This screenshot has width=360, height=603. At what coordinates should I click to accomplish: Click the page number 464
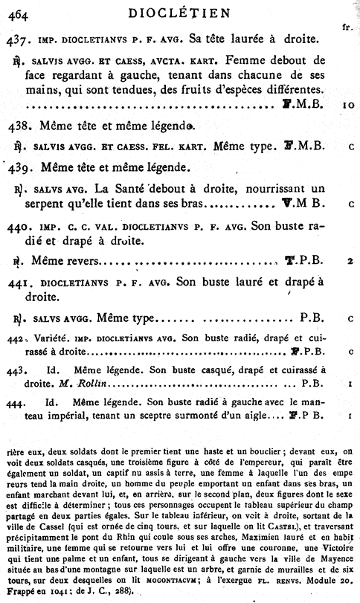coord(16,10)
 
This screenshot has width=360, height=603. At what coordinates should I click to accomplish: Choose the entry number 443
coord(17,370)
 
